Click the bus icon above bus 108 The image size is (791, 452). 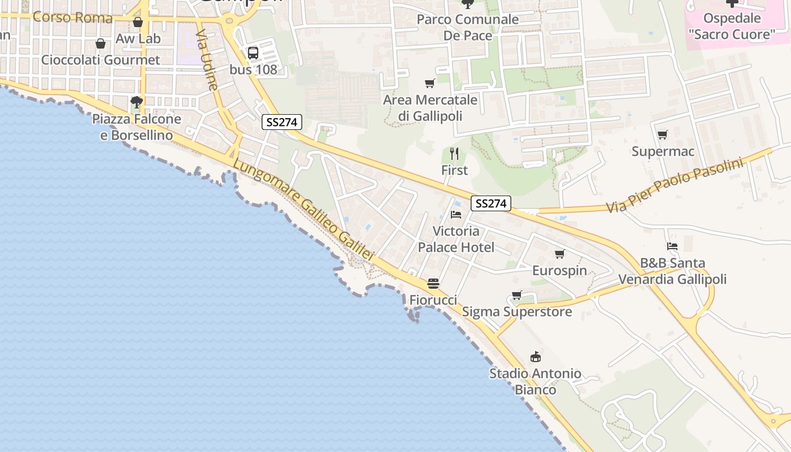(x=253, y=53)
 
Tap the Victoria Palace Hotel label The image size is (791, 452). (x=456, y=239)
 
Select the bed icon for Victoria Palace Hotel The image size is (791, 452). (x=456, y=215)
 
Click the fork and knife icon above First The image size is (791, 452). (x=454, y=153)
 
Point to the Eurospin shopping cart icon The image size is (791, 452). (x=560, y=254)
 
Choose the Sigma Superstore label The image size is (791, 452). (x=517, y=312)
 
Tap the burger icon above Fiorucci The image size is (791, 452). (x=433, y=283)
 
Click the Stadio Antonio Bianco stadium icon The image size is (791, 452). (x=535, y=357)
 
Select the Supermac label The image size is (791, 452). (x=663, y=151)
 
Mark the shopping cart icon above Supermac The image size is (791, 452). (x=663, y=134)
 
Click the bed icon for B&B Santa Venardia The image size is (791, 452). (x=672, y=246)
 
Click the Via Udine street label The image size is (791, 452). (x=206, y=59)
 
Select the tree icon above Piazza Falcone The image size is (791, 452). (x=136, y=102)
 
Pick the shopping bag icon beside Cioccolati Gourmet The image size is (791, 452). (x=101, y=44)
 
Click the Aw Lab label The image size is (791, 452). (x=138, y=39)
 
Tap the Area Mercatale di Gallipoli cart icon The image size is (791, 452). (x=430, y=84)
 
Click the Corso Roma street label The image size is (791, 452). (x=72, y=18)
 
